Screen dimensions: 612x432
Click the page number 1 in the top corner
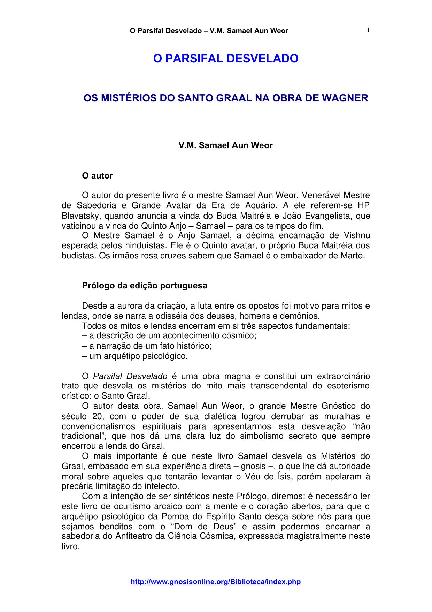click(368, 30)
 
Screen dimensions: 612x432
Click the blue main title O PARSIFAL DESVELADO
click(226, 59)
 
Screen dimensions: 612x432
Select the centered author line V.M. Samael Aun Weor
click(225, 145)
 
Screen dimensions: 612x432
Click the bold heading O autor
click(97, 176)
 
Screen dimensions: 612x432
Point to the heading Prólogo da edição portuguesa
click(144, 286)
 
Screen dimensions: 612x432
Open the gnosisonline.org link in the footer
click(216, 582)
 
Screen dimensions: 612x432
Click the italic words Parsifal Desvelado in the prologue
click(130, 376)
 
